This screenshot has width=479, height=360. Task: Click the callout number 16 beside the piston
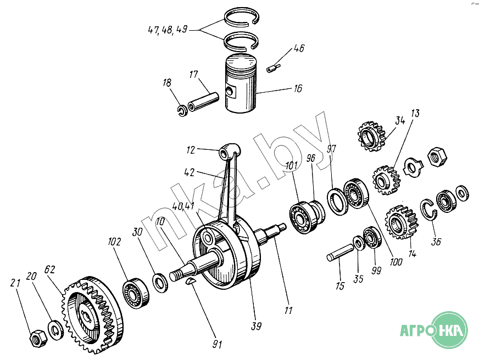pyautogui.click(x=297, y=88)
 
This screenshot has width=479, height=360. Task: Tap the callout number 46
pyautogui.click(x=298, y=48)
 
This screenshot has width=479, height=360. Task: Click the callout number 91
pyautogui.click(x=217, y=345)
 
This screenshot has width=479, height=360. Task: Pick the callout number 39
pyautogui.click(x=257, y=327)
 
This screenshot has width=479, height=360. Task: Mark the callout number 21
pyautogui.click(x=15, y=283)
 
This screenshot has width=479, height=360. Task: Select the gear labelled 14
pyautogui.click(x=398, y=221)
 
